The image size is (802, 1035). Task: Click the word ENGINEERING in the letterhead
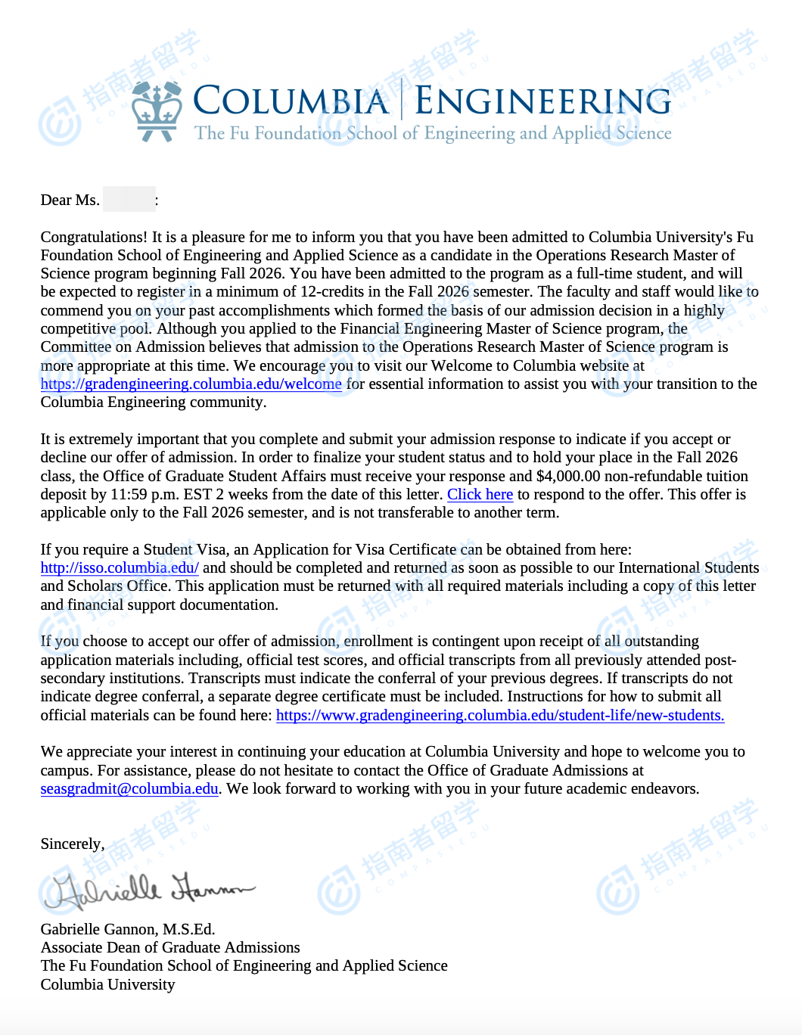[542, 101]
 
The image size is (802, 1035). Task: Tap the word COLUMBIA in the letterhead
[291, 101]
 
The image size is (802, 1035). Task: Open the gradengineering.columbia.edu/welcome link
[191, 384]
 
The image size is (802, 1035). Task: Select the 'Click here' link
[480, 494]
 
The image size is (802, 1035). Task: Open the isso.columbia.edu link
[120, 567]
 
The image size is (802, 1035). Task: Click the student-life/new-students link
[500, 715]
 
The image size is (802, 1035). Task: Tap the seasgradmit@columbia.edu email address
[129, 788]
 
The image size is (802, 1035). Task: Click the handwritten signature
[150, 890]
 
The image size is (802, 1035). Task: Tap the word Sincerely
[72, 844]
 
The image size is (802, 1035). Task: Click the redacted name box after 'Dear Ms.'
[129, 200]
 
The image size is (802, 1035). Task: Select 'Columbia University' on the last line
[107, 984]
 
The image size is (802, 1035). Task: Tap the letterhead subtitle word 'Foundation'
[297, 133]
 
